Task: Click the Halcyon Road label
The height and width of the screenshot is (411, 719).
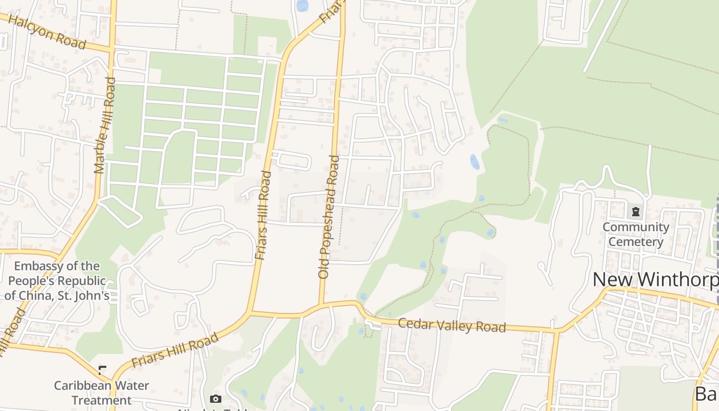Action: point(47,32)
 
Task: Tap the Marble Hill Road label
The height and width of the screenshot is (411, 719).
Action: point(105,125)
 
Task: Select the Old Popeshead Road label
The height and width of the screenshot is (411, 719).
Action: point(329,217)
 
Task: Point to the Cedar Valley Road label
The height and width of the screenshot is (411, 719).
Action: point(452,325)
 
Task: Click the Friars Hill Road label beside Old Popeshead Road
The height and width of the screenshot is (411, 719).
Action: point(263,215)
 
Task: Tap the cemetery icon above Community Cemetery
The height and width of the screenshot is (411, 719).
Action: point(636,211)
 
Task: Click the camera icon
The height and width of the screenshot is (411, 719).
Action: point(216,399)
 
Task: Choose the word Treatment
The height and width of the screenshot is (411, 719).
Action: point(102,400)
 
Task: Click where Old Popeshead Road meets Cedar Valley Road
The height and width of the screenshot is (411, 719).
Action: point(322,305)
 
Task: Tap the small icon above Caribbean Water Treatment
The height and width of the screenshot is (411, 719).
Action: point(103,370)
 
